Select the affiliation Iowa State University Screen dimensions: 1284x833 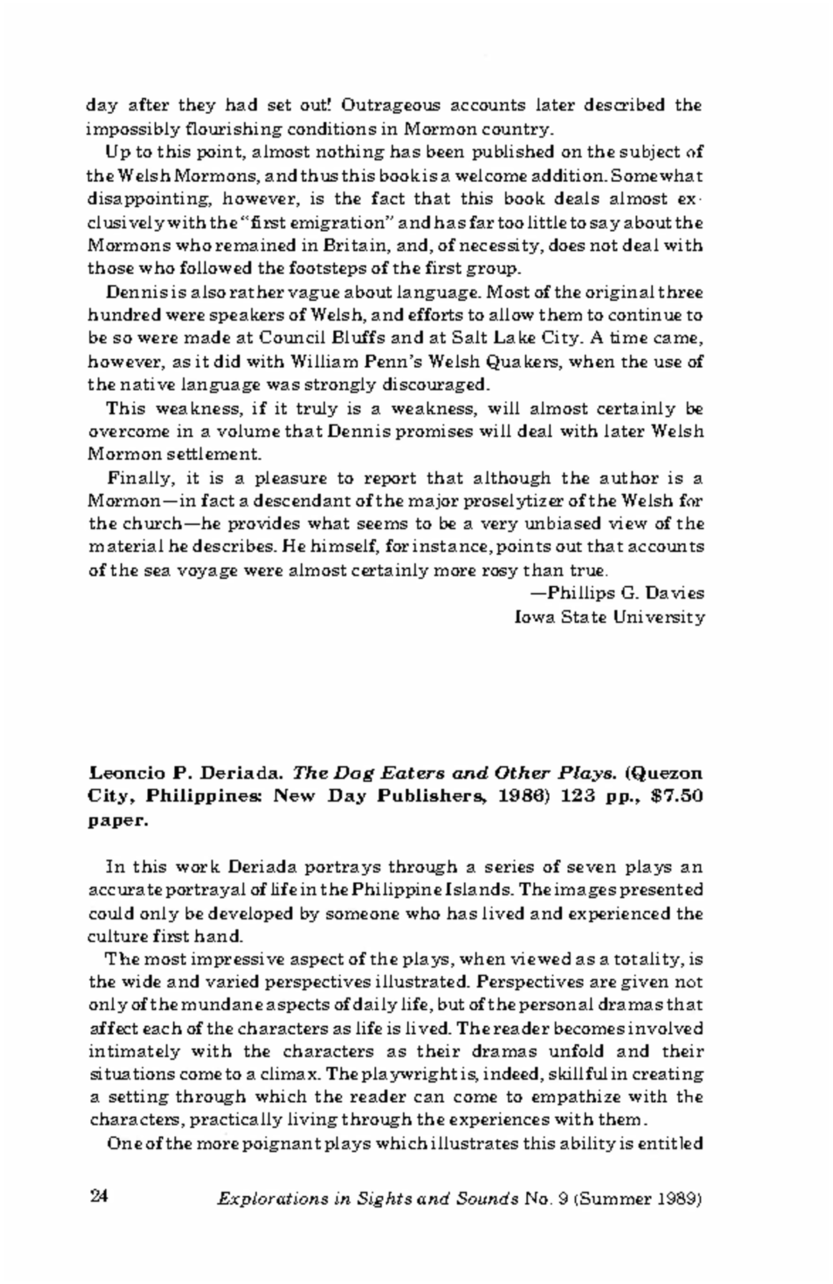(609, 616)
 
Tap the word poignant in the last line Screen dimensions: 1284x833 (263, 1144)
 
